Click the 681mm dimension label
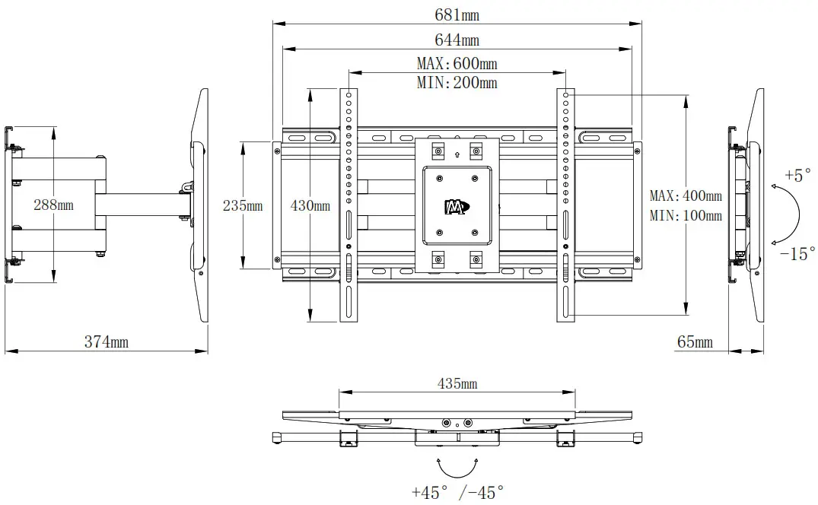[x=457, y=14]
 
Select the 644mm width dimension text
[x=457, y=40]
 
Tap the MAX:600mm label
[x=457, y=64]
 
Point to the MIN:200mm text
[x=457, y=83]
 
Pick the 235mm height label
[x=243, y=205]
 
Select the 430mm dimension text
[x=310, y=205]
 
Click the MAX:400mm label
[x=686, y=196]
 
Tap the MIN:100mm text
[x=686, y=216]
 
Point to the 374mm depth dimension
[x=106, y=342]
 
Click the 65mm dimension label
[x=695, y=342]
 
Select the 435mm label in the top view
[x=457, y=383]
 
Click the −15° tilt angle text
[x=797, y=253]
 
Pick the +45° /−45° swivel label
[x=457, y=493]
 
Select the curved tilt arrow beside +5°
[x=791, y=214]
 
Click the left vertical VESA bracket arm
[x=349, y=205]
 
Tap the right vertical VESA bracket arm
[x=566, y=205]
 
